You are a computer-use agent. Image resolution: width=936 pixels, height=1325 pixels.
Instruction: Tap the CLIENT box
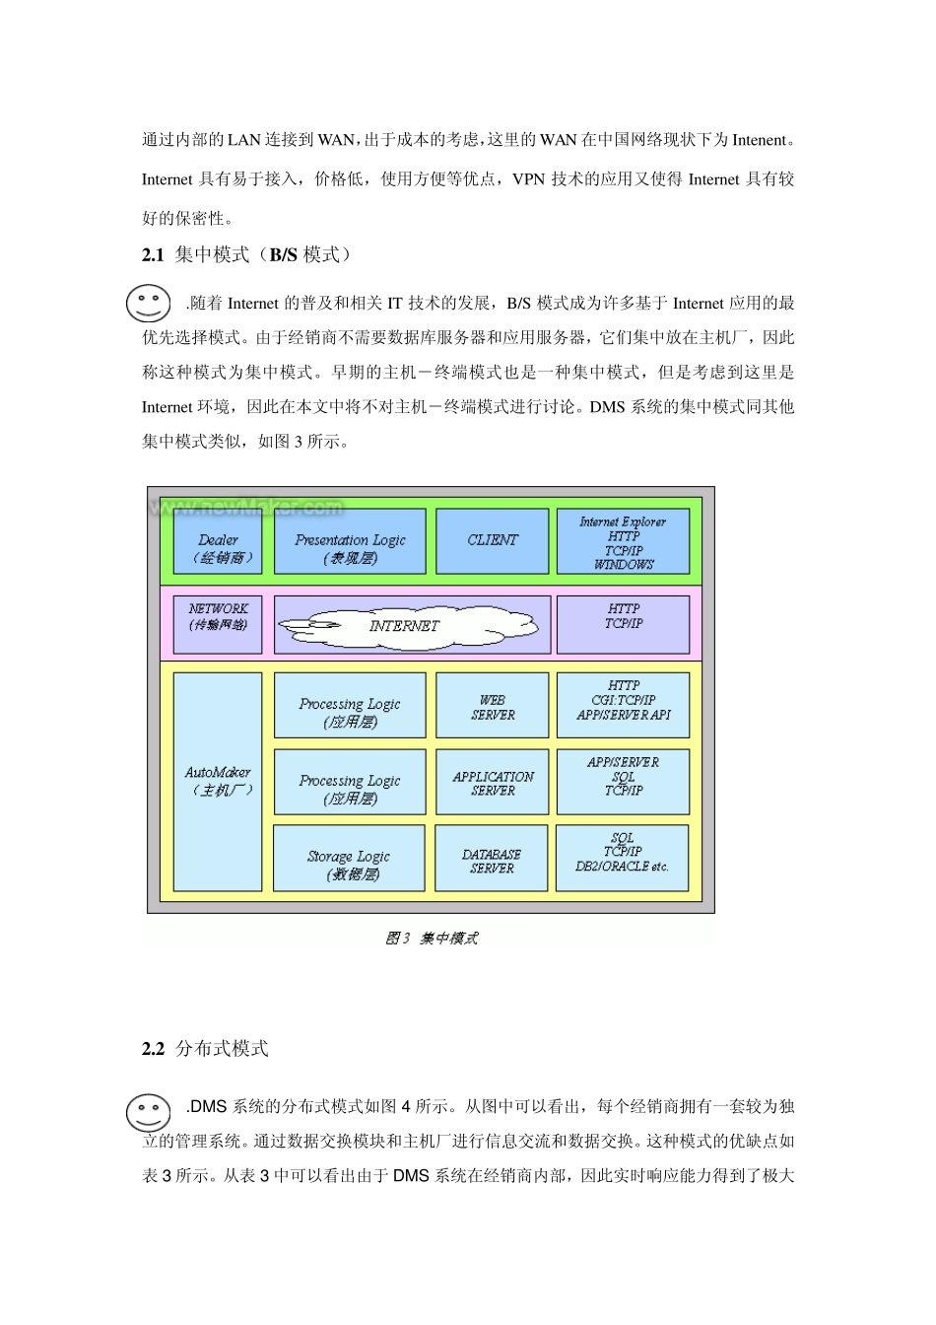coord(492,541)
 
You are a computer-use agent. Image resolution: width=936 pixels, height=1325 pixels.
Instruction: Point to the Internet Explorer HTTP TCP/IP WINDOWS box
coord(623,541)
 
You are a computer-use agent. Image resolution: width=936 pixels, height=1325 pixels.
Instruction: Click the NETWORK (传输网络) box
coord(218,624)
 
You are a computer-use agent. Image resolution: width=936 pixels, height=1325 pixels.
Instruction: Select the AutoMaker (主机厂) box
coord(218,782)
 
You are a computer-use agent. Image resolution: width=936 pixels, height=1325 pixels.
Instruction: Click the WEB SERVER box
coord(492,706)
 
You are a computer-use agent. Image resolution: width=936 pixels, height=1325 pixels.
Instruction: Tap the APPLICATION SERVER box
coord(492,783)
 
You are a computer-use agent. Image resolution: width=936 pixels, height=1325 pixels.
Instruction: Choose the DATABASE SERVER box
coord(492,860)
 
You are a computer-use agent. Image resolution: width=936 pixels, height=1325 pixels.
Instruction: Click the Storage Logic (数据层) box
coord(350,860)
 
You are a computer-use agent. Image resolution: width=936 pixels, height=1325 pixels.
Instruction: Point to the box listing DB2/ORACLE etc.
coord(623,859)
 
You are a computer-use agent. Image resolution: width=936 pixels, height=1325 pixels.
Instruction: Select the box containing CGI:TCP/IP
coord(623,706)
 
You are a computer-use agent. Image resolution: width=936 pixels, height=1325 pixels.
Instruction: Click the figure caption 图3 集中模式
coord(432,938)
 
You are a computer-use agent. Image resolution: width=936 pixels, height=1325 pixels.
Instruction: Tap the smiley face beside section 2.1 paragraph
coord(149,303)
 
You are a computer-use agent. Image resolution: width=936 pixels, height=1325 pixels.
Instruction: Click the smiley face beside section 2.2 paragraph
coord(149,1112)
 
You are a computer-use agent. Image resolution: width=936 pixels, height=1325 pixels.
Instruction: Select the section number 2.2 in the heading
coord(153,1049)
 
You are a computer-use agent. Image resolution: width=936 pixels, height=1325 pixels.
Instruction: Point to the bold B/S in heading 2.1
coord(284,255)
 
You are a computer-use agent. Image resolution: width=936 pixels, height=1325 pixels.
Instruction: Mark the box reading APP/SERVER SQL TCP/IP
coord(623,783)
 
